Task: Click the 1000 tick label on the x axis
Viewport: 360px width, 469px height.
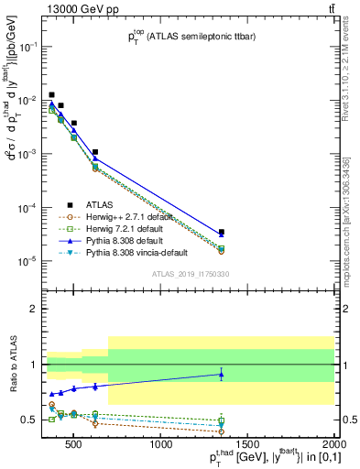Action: pos(162,446)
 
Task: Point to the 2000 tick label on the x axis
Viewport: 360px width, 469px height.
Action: pos(333,446)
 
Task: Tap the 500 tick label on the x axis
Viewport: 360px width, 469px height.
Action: pos(76,446)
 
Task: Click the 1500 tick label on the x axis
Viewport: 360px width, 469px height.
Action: pos(248,446)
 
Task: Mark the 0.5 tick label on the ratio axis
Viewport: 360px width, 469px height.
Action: pos(29,420)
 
